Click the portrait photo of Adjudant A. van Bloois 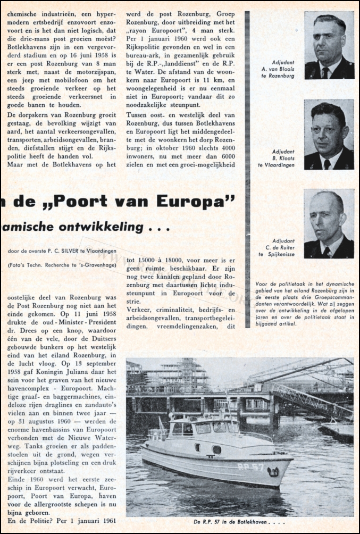(329, 45)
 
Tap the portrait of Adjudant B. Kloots (329, 134)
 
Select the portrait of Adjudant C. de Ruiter (329, 223)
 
